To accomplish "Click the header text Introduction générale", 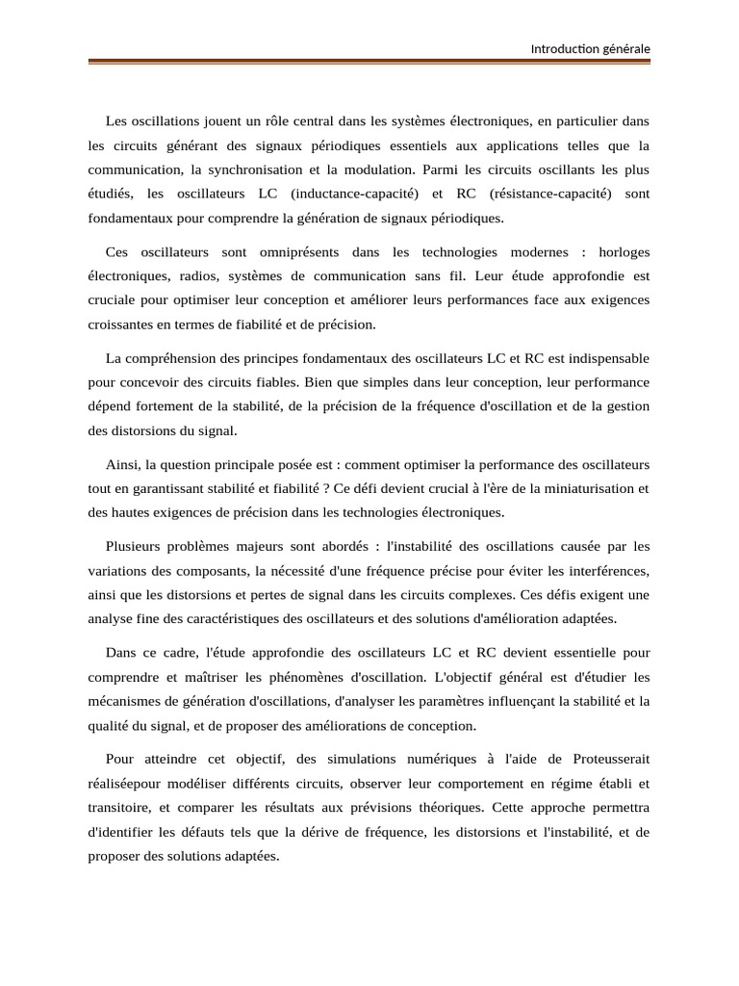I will tap(591, 49).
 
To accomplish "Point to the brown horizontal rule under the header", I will tap(369, 63).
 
